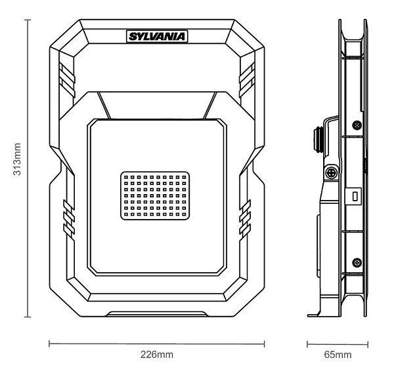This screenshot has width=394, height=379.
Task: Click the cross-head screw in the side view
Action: pyautogui.click(x=331, y=173)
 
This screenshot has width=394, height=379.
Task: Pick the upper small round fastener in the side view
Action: pyautogui.click(x=356, y=125)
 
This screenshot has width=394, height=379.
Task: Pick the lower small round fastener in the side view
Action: pyautogui.click(x=356, y=262)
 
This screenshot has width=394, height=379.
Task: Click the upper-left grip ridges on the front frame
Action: pyautogui.click(x=65, y=77)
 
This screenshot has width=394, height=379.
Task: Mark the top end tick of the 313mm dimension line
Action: pyautogui.click(x=27, y=20)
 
